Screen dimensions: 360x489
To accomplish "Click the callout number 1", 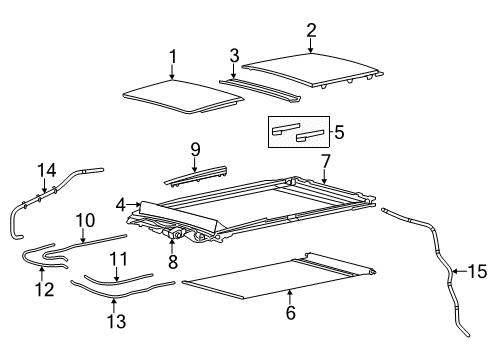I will click(172, 56).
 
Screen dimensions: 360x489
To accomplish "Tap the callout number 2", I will click(311, 29).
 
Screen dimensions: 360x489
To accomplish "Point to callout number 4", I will click(121, 204).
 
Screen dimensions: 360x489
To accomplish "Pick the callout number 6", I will click(290, 312).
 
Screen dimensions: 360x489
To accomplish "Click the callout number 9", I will click(196, 150).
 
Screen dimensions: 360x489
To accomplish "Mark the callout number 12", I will click(42, 288).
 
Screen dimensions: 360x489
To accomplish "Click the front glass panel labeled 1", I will click(176, 92).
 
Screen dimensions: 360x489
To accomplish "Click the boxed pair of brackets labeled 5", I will click(301, 131).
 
